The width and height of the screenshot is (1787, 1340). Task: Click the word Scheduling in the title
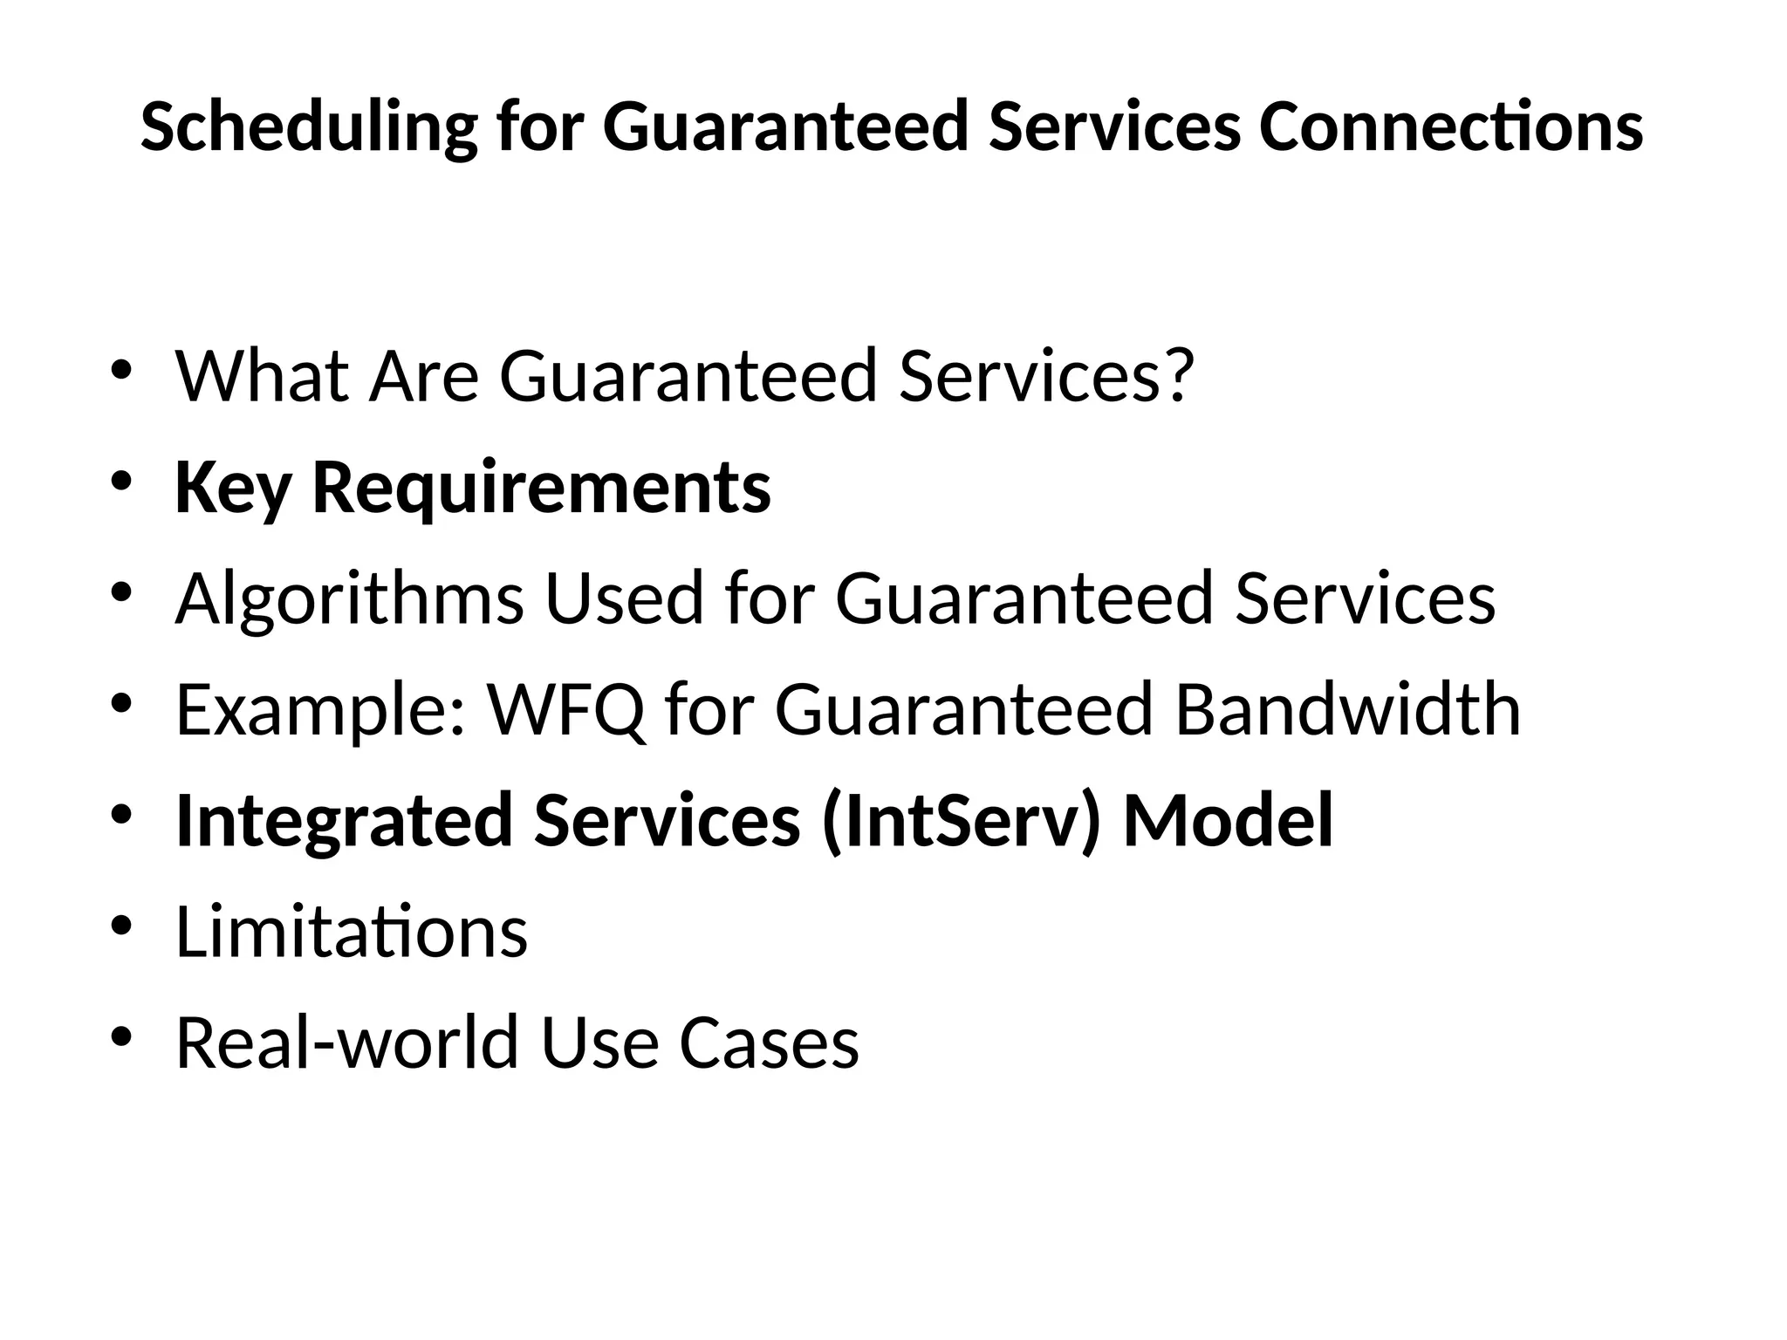click(309, 127)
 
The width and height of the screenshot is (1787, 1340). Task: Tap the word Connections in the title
click(1451, 127)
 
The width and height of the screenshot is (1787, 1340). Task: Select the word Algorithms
click(350, 598)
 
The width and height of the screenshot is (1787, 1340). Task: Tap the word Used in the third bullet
click(624, 598)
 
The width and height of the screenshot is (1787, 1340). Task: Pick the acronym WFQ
click(567, 710)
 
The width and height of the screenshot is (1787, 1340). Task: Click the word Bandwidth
click(1347, 710)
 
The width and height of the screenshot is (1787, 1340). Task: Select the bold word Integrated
click(344, 821)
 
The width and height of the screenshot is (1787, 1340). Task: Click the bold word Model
click(1229, 821)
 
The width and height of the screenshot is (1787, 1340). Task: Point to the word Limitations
click(352, 933)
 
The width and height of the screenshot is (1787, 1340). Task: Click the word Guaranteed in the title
click(786, 127)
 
